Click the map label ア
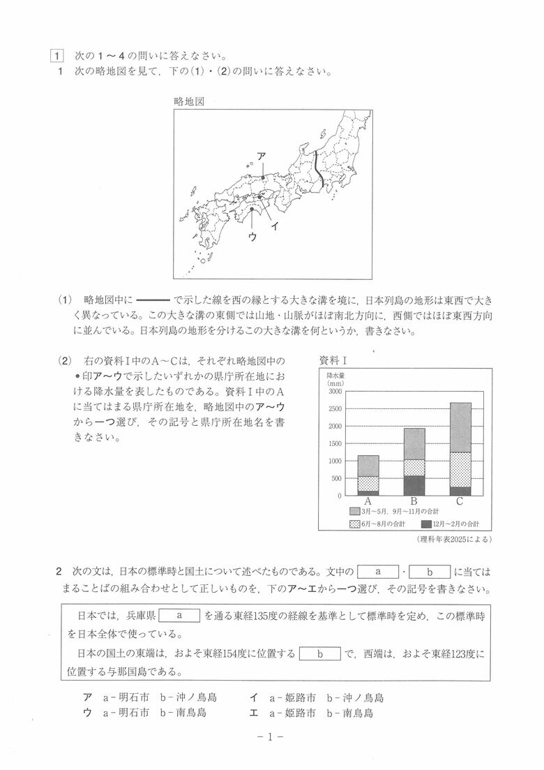click(261, 156)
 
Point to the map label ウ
click(252, 237)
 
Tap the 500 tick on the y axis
click(336, 478)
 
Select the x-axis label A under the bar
click(368, 502)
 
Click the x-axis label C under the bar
click(460, 502)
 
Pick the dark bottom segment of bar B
click(414, 485)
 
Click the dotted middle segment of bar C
click(460, 469)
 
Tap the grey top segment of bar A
click(368, 466)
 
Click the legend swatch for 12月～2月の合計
click(426, 524)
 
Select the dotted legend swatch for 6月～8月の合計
click(354, 524)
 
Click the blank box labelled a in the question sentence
click(377, 572)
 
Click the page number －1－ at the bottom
click(272, 736)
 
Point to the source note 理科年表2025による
click(454, 539)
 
